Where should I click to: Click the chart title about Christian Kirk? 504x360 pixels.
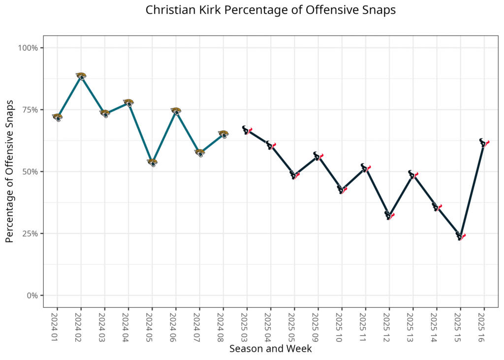point(270,10)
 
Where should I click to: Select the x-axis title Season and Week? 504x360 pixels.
point(270,349)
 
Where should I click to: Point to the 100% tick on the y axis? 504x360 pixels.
point(28,48)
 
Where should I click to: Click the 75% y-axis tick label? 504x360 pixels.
point(30,110)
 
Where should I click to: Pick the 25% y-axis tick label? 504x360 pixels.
point(30,233)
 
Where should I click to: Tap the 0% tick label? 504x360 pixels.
point(32,295)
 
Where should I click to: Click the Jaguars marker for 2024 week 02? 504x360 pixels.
point(81,76)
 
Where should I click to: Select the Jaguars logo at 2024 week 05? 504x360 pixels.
point(152,163)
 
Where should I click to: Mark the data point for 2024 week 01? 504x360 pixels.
point(57,117)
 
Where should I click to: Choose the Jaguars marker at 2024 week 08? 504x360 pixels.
point(223,134)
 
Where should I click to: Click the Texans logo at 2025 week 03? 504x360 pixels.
point(247,130)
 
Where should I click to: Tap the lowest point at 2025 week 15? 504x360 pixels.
point(460,236)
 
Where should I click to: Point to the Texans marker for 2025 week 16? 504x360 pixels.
point(484,143)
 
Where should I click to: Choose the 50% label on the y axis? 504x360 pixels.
point(30,172)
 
